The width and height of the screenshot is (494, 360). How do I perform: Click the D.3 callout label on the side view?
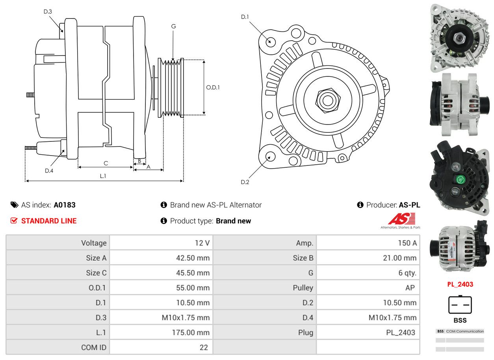[x=48, y=11]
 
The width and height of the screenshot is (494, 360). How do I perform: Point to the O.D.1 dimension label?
[x=213, y=87]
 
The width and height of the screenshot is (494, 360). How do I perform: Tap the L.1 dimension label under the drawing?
[x=103, y=176]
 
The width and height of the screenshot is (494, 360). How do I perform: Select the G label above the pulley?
[x=173, y=26]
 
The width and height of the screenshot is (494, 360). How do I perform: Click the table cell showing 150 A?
[x=407, y=243]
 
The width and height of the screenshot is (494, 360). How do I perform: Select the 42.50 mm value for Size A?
[x=193, y=258]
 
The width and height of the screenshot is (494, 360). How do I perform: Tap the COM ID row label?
[x=94, y=347]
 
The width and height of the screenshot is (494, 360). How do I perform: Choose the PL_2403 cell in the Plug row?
[x=400, y=332]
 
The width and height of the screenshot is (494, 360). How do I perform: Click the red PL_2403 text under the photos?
[x=460, y=284]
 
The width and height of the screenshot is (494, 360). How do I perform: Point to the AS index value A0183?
[x=65, y=205]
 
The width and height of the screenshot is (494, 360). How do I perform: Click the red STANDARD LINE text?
[x=49, y=221]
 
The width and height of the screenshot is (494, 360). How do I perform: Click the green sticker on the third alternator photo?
[x=460, y=180]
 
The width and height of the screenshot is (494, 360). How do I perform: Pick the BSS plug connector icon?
[x=460, y=304]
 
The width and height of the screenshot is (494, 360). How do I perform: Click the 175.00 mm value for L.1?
[x=190, y=332]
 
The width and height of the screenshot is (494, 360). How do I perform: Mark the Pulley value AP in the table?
[x=410, y=288]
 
